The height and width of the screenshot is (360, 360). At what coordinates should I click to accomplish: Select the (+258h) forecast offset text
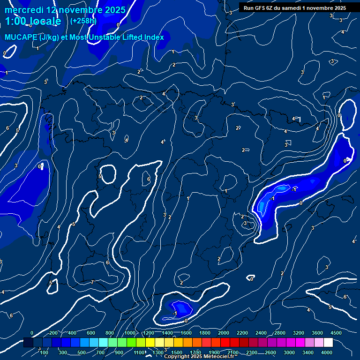[83, 21]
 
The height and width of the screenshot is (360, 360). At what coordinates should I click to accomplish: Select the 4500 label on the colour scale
[336, 333]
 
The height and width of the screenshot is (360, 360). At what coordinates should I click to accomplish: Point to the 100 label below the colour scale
[44, 352]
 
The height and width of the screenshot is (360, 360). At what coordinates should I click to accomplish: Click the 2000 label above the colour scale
[224, 333]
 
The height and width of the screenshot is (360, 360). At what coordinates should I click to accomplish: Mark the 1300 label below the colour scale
[158, 352]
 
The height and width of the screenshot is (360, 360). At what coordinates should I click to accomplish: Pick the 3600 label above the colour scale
[317, 333]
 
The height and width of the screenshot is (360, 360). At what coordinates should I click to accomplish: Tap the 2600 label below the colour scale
[270, 352]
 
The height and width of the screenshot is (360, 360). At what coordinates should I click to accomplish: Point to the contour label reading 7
[92, 282]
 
